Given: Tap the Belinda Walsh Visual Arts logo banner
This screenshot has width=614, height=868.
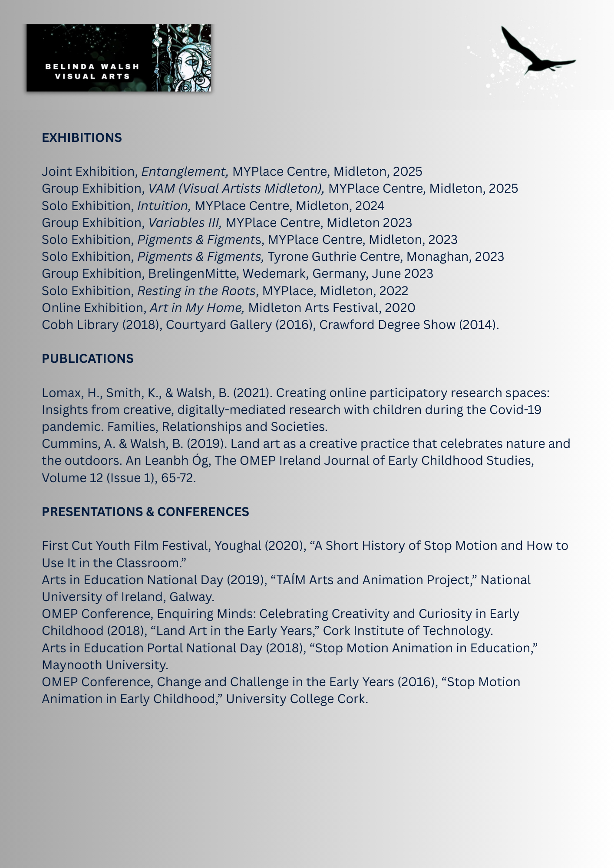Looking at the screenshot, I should click(x=119, y=58).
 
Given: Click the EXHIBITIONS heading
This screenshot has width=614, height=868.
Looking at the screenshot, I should click(x=82, y=138).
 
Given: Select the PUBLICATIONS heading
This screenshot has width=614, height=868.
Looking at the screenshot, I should click(x=87, y=358).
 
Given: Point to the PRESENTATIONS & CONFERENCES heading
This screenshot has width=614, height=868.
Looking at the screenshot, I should click(x=145, y=512).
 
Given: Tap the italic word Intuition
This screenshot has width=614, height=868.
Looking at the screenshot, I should click(x=164, y=205).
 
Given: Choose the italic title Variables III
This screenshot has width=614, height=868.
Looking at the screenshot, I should click(x=185, y=223).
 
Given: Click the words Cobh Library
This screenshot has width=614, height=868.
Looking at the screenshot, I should click(x=80, y=325).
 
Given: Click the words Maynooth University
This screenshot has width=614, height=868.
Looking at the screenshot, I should click(x=105, y=665).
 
